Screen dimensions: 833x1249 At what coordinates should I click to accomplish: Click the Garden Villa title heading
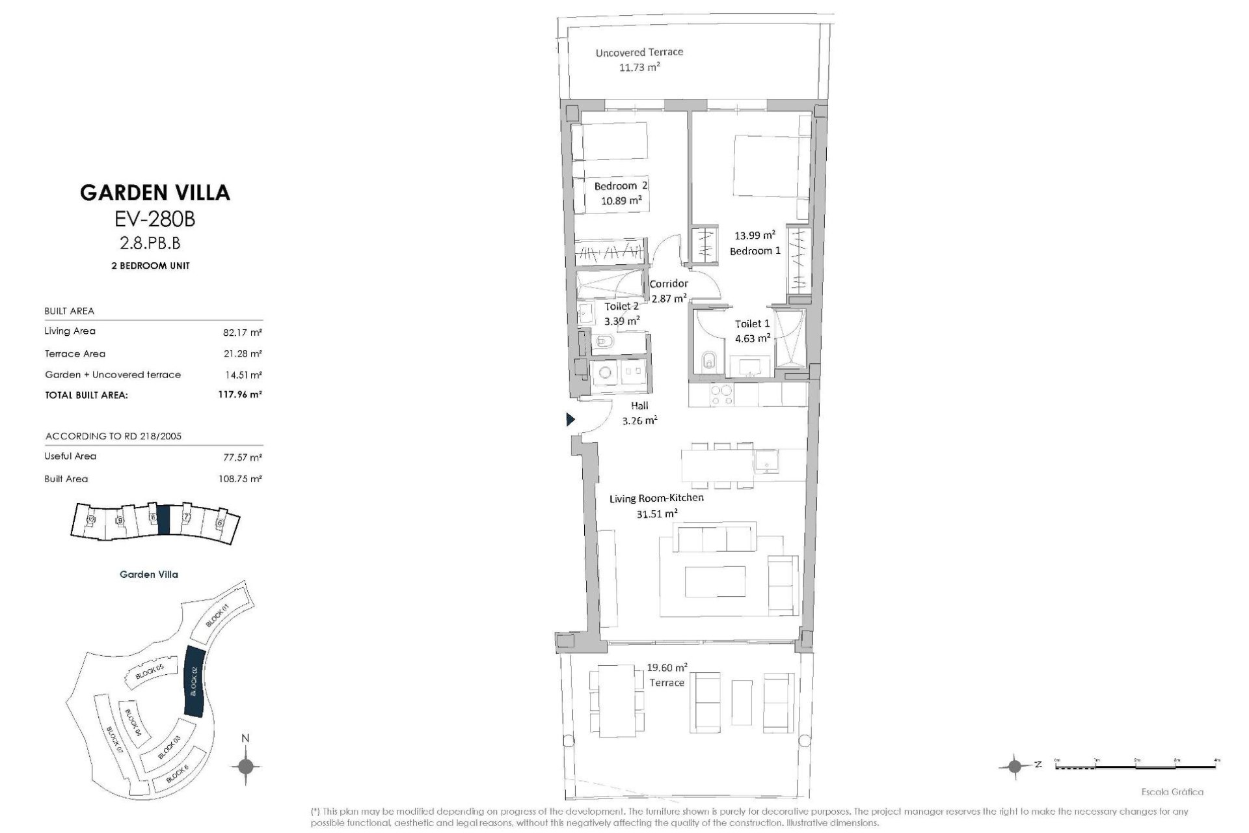[155, 193]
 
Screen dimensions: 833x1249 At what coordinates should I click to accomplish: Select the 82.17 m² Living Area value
[242, 333]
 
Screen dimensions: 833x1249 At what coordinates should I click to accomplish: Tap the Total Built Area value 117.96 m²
[239, 394]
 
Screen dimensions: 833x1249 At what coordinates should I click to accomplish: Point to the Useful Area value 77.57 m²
[242, 457]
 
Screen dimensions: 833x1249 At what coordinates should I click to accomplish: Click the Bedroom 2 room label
[621, 186]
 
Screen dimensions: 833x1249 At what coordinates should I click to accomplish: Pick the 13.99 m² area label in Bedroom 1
[755, 236]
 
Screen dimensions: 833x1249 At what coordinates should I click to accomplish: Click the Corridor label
[668, 284]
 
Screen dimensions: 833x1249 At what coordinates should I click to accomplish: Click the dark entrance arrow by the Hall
[571, 420]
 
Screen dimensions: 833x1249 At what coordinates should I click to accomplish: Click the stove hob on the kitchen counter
[721, 394]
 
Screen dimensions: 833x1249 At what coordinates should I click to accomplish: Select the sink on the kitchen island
[766, 463]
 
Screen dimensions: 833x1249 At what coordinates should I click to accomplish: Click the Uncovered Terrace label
[639, 53]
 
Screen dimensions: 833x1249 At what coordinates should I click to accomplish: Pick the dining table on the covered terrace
[617, 700]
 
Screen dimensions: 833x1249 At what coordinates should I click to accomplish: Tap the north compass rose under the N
[245, 766]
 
